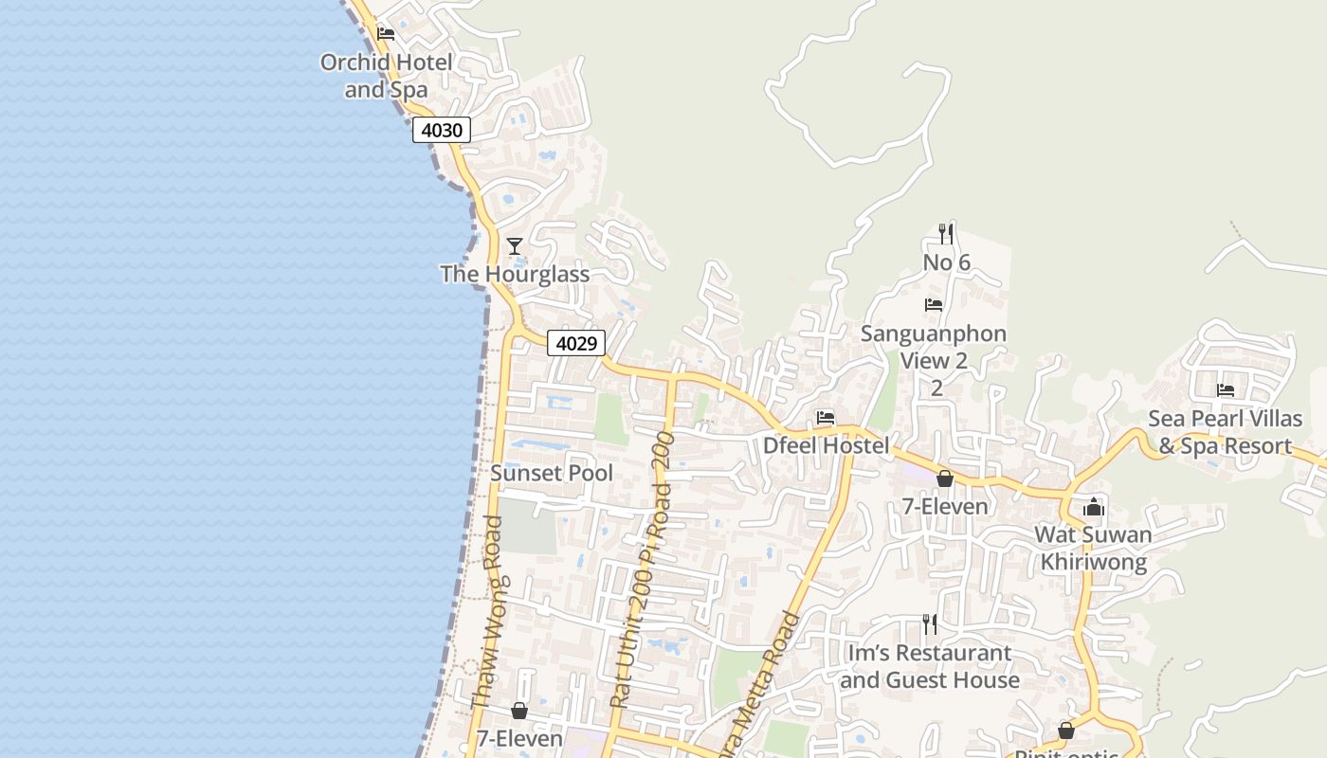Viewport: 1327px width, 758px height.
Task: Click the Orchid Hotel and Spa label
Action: [x=386, y=76]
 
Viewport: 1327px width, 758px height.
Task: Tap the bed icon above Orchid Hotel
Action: [x=386, y=34]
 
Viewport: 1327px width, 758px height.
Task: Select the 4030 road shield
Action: [x=442, y=130]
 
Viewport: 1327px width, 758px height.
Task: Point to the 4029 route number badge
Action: [x=576, y=343]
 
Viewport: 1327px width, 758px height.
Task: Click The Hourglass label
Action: [x=515, y=274]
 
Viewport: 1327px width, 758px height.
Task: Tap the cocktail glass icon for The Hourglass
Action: [x=515, y=246]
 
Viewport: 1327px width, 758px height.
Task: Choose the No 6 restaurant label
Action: [x=946, y=262]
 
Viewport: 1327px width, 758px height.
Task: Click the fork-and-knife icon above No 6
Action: [x=945, y=233]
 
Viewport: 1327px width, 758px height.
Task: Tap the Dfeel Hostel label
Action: [x=827, y=445]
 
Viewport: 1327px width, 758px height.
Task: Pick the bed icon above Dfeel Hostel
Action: [x=826, y=417]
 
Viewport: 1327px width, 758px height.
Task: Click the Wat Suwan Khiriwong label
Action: [x=1093, y=548]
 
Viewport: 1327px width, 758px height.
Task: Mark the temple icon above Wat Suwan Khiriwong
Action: [x=1094, y=507]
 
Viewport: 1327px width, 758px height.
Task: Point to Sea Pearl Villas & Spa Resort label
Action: [x=1226, y=432]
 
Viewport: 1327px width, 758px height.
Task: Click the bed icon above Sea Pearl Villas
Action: [x=1226, y=389]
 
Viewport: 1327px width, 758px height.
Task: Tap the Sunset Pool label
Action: [x=552, y=473]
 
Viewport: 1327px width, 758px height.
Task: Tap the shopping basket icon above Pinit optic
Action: [x=1066, y=731]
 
